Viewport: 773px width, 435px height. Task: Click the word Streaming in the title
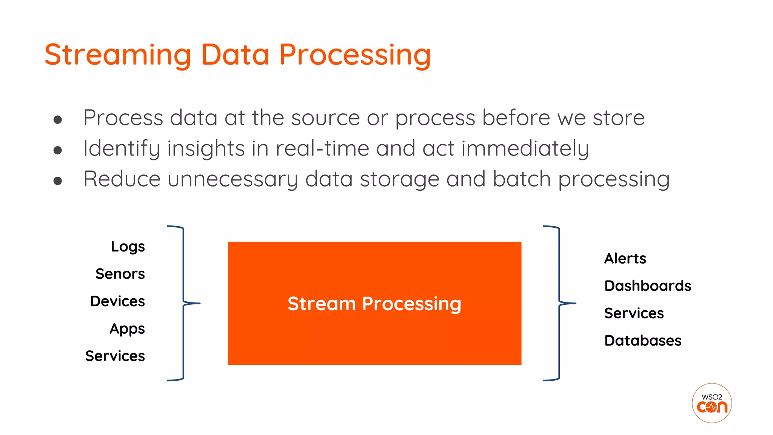118,55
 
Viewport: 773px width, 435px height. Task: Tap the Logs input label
128,247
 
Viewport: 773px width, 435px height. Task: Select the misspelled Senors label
120,274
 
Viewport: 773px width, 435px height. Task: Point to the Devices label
117,301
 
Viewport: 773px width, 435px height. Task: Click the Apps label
127,329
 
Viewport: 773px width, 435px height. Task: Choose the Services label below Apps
115,356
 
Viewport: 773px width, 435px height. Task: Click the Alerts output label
625,259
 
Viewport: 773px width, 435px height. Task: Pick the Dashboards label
647,286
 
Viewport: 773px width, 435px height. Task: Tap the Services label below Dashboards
634,313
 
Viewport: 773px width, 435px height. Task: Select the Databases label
642,341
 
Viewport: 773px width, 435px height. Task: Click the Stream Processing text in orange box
374,304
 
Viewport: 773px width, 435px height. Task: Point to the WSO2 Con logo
711,403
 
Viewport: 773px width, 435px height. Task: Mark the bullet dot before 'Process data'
58,120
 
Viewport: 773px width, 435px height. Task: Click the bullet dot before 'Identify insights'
58,150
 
